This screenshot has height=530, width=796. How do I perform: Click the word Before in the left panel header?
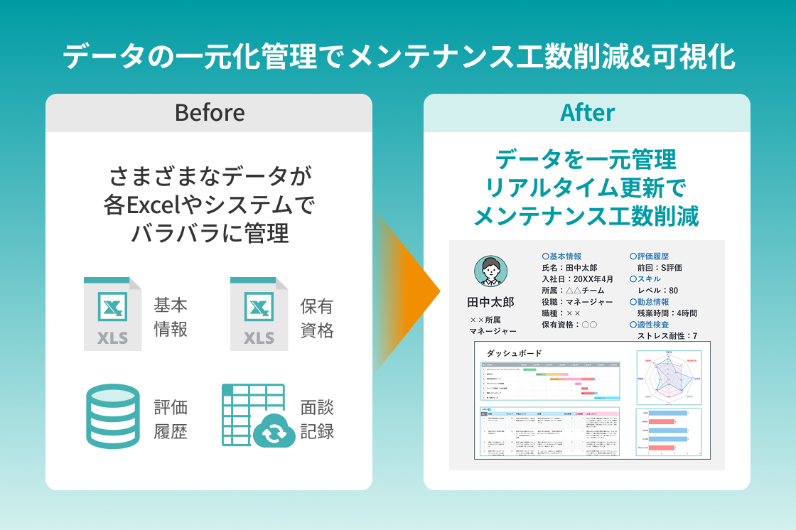(209, 113)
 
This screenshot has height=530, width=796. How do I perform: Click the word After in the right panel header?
(587, 113)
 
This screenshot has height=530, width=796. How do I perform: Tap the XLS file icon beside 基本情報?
(112, 313)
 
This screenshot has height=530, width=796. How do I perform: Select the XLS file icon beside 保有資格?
(259, 313)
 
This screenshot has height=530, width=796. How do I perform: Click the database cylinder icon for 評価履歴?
(112, 416)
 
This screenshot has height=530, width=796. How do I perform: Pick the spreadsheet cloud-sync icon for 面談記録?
(259, 416)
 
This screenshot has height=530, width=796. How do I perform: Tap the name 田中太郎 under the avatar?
(490, 303)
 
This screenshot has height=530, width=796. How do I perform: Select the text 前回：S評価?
(660, 268)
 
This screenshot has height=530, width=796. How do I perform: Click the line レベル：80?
(657, 291)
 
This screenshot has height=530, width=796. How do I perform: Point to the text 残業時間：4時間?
(667, 313)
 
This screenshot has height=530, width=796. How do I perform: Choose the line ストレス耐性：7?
(667, 336)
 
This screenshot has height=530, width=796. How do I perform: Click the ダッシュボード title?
(514, 353)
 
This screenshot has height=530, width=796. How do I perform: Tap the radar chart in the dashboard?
(669, 375)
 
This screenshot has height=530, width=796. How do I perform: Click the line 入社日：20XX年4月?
(577, 279)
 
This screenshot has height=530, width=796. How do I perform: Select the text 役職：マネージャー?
(577, 302)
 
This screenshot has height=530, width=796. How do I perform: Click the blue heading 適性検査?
(652, 325)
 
